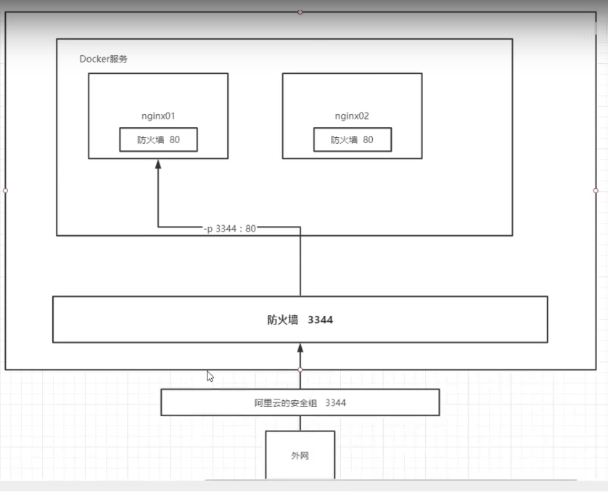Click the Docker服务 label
(x=104, y=59)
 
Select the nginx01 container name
(x=158, y=116)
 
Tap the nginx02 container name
(x=352, y=116)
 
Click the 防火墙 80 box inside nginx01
(x=159, y=140)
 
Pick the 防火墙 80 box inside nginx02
(x=353, y=140)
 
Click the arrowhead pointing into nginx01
(x=158, y=164)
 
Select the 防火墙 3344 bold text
(x=300, y=320)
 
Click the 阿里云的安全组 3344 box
(x=300, y=402)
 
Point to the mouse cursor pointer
(x=210, y=376)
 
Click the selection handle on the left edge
(x=5, y=190)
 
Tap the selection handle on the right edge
(x=596, y=190)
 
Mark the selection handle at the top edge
(x=300, y=12)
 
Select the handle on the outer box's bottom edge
(x=300, y=370)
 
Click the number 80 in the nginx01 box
(x=175, y=140)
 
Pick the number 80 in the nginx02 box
(x=369, y=140)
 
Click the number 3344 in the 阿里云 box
(x=336, y=402)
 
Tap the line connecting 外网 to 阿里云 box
(x=300, y=423)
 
